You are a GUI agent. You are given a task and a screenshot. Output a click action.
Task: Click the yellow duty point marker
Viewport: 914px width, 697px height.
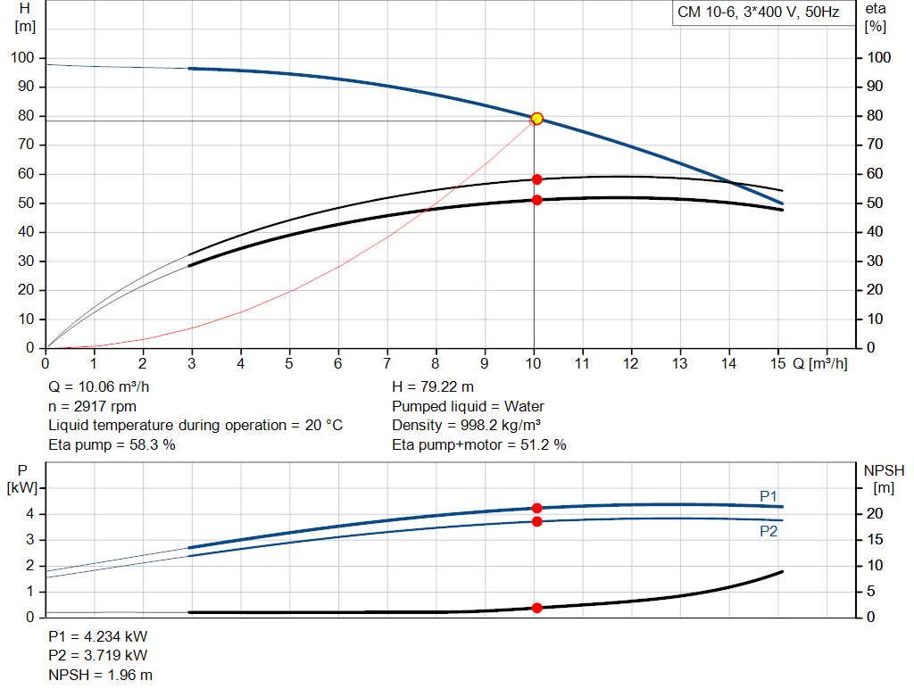coord(536,119)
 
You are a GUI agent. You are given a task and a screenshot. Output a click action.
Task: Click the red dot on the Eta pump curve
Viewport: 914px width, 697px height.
coord(536,179)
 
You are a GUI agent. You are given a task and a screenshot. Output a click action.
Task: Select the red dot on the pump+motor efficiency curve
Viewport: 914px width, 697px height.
coord(536,200)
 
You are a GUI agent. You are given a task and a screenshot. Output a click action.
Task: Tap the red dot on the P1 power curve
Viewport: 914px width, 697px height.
coord(536,508)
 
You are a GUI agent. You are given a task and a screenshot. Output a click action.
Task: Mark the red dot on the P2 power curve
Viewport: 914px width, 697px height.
coord(536,521)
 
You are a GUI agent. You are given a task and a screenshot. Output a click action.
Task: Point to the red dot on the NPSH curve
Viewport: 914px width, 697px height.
coord(536,608)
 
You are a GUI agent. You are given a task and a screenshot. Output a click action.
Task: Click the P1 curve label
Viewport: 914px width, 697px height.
coord(769,496)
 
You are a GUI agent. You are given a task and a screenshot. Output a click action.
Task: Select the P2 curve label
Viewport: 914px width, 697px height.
coord(769,532)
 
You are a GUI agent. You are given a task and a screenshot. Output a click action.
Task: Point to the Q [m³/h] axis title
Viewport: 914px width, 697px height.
coord(820,363)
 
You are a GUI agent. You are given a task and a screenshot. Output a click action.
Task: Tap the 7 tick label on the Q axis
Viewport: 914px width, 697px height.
coord(386,363)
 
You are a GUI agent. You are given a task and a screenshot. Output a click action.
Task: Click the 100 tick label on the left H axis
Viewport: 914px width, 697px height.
coord(22,58)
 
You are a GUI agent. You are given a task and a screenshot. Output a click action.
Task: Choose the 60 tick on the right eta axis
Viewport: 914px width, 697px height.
coord(875,174)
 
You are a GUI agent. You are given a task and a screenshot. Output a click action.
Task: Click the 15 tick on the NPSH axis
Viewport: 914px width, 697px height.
coord(875,540)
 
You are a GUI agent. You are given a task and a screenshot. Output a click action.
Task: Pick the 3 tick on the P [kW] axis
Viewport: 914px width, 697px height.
coord(29,540)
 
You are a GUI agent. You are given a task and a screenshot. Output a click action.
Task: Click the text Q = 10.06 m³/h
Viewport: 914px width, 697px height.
coord(98,387)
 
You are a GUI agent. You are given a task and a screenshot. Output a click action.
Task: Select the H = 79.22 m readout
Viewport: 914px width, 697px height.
coord(433,387)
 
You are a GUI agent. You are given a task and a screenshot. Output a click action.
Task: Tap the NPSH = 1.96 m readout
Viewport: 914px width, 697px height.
coord(100,675)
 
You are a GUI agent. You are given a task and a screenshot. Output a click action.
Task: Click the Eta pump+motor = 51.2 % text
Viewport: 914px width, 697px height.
coord(479,445)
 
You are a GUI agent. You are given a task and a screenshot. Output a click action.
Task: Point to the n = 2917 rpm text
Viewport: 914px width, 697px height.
coord(92,406)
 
